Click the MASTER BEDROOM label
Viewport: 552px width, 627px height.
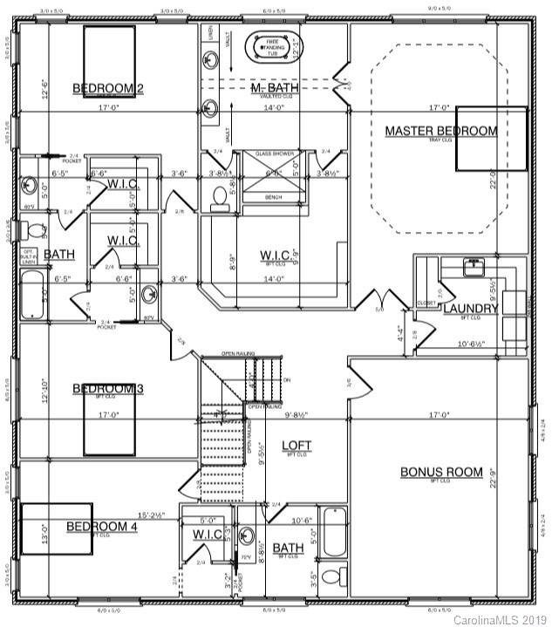point(441,131)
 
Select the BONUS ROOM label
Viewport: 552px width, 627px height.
point(441,472)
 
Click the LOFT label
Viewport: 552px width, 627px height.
point(296,446)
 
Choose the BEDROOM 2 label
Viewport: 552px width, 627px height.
point(108,87)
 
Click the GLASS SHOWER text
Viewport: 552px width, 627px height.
point(274,153)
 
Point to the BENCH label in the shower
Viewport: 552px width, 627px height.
point(274,197)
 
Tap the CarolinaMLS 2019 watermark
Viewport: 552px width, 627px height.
point(501,618)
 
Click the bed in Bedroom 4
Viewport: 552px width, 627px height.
point(57,528)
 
